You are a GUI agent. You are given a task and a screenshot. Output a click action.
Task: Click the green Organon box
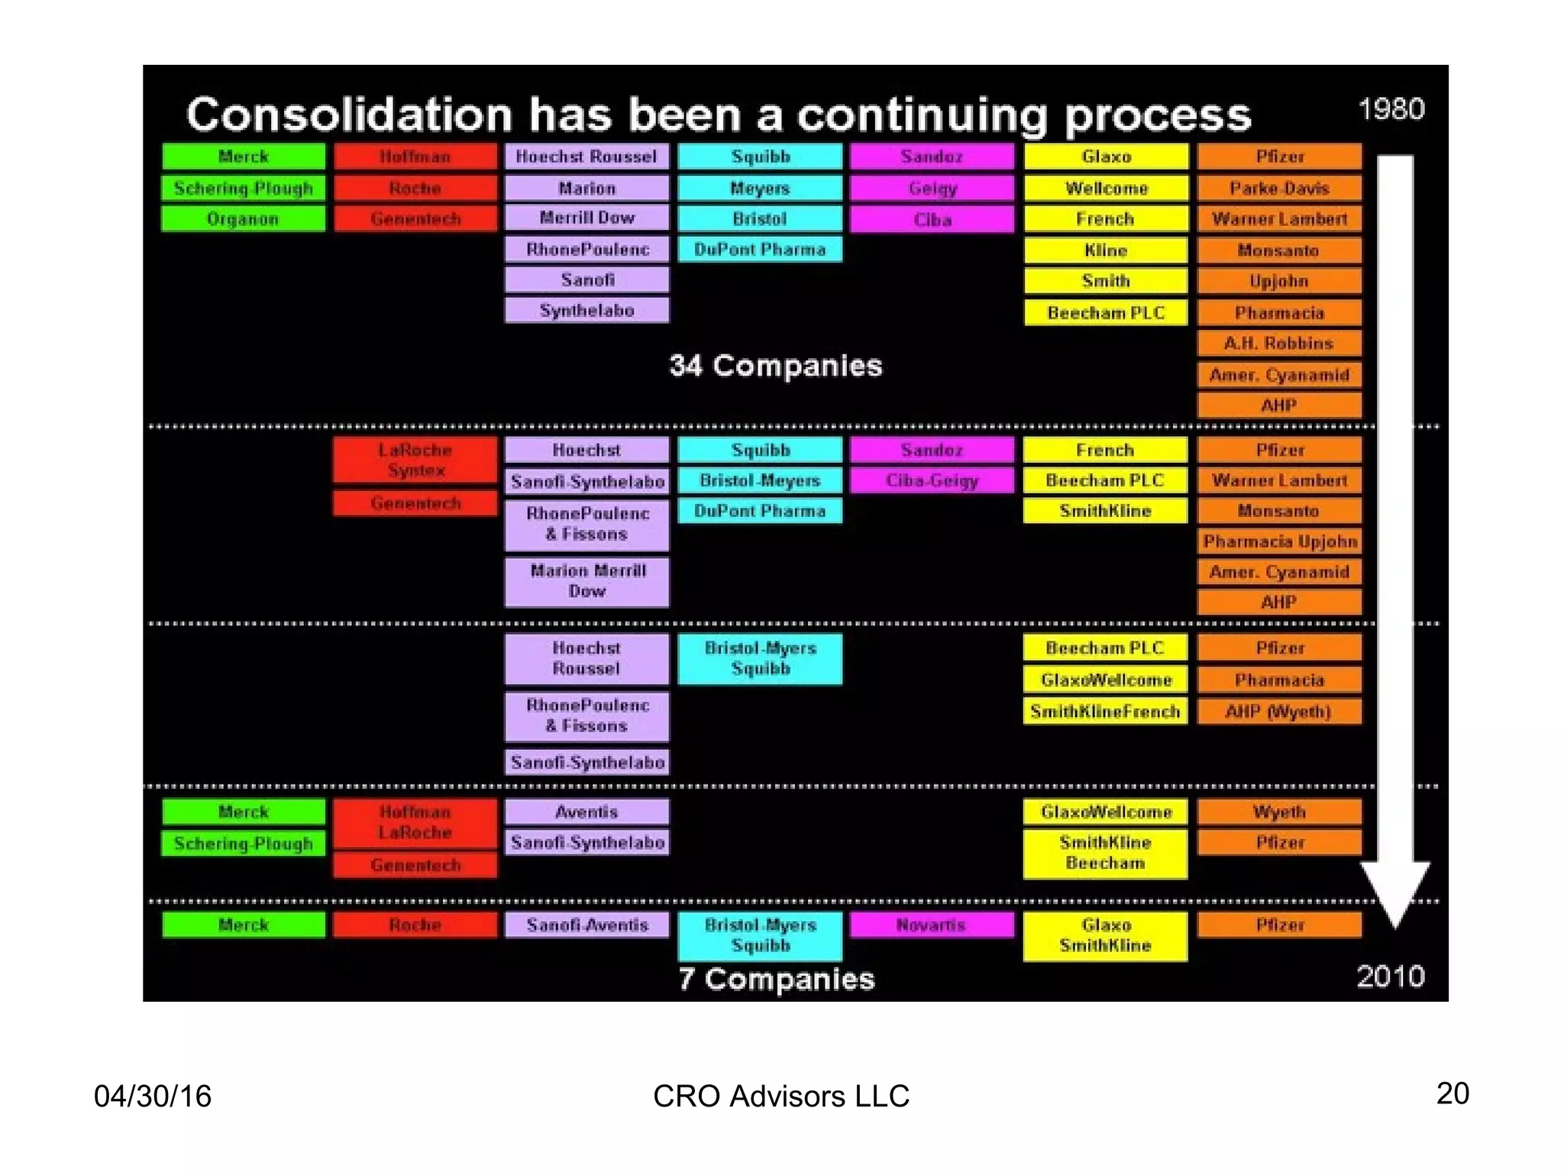243,219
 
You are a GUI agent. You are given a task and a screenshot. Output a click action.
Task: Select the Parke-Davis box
1279,188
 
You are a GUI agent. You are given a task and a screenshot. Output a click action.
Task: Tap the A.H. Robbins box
1279,344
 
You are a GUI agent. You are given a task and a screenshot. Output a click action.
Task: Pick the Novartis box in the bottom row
932,925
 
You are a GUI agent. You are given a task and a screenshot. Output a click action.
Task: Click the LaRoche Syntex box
415,460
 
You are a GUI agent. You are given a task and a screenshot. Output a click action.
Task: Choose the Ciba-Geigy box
932,480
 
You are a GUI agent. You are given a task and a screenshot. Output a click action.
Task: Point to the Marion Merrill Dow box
586,581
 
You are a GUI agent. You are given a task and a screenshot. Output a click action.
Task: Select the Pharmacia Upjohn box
1279,541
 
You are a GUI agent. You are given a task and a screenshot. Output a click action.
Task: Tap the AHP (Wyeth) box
1279,712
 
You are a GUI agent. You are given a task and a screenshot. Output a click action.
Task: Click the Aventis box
586,812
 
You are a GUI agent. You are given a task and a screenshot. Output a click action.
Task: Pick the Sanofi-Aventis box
586,925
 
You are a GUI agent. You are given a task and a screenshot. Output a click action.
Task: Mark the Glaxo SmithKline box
1105,935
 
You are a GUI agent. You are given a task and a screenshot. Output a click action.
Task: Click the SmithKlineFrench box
1105,712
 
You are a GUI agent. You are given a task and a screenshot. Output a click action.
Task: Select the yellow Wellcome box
1105,188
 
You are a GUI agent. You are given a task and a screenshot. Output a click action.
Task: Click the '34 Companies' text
776,366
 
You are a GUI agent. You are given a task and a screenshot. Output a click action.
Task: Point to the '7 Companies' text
776,979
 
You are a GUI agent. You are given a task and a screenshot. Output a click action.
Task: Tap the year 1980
1391,109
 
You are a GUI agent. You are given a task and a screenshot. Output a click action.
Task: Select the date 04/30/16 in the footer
153,1096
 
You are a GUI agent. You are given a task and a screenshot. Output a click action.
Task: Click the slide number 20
1453,1093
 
